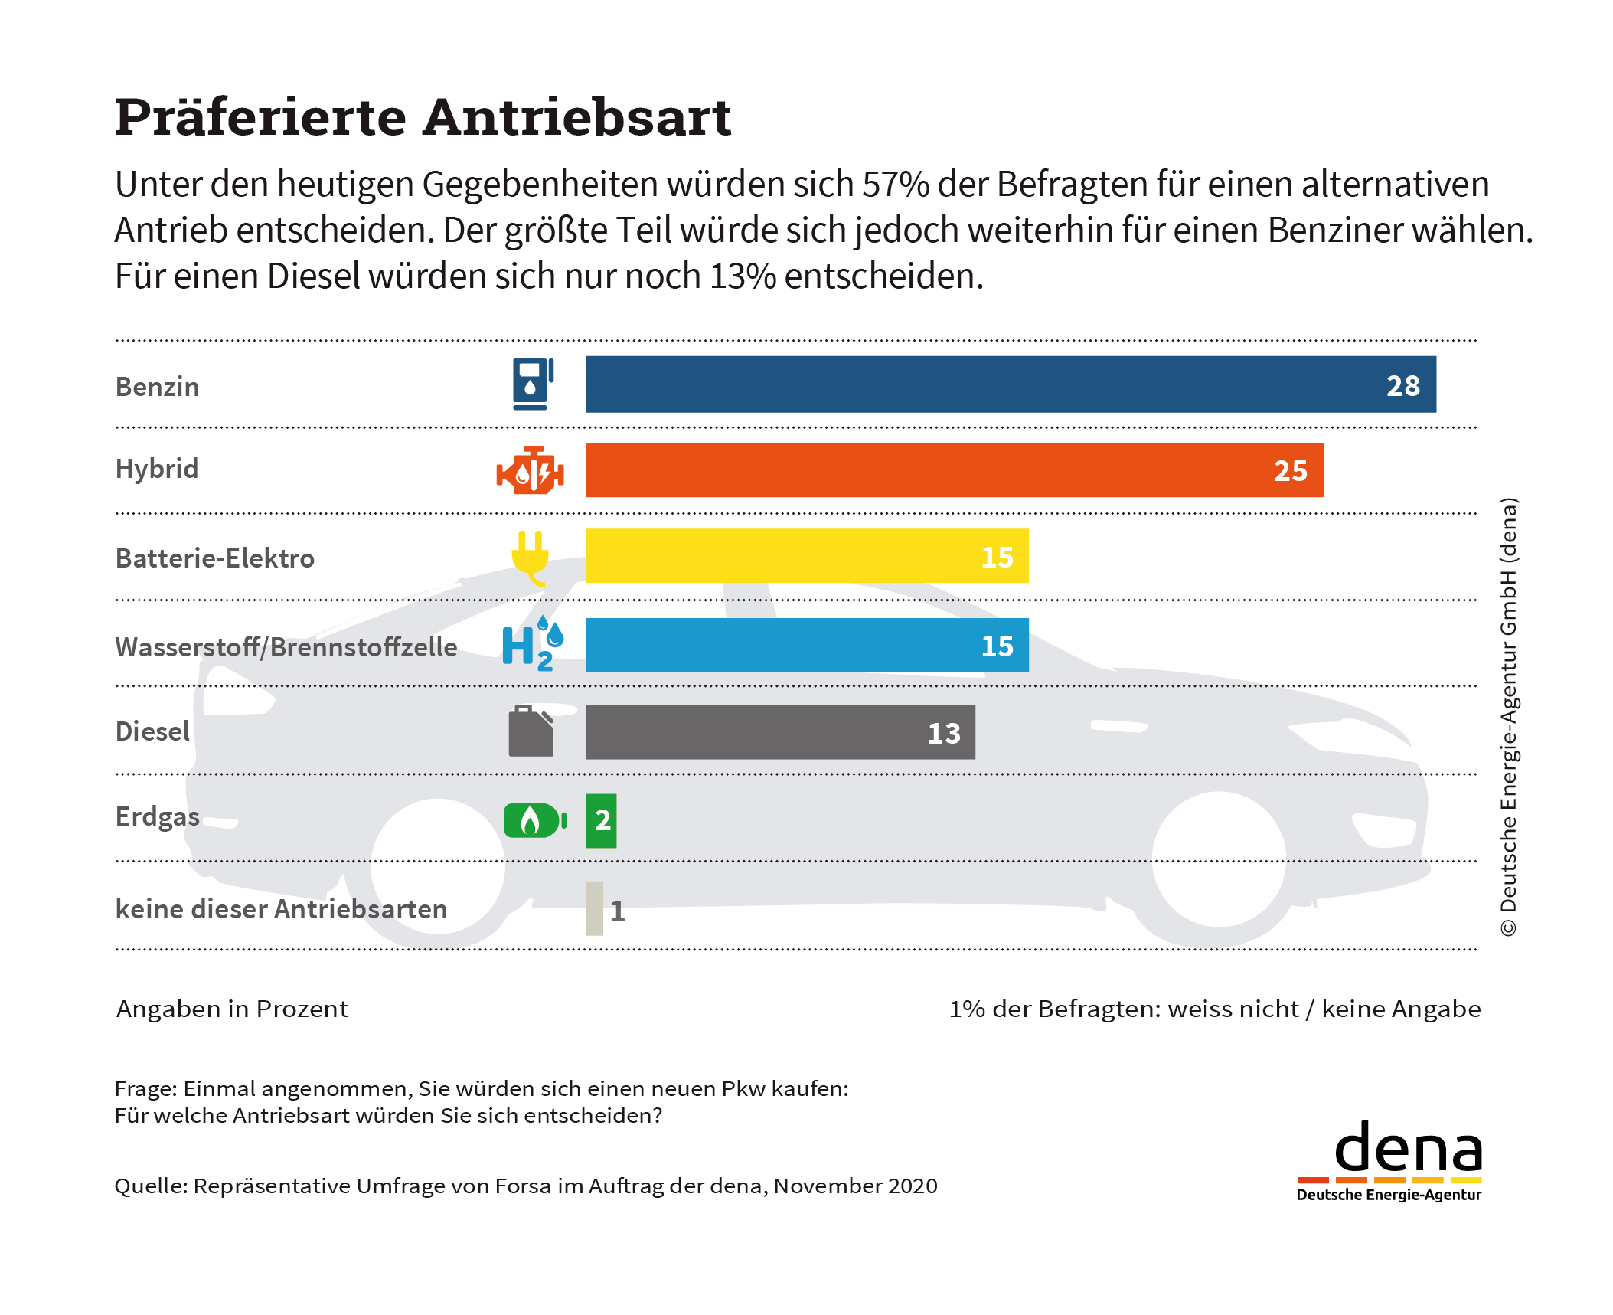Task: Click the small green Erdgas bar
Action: tap(601, 821)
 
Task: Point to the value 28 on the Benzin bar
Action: tap(1402, 386)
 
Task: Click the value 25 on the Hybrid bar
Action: tap(1290, 471)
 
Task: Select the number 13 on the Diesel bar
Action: tap(943, 734)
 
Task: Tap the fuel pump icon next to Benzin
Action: tap(533, 384)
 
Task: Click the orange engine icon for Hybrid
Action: tap(531, 470)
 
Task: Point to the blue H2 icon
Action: tap(532, 645)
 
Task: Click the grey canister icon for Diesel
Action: tap(531, 731)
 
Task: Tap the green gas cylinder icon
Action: tap(534, 820)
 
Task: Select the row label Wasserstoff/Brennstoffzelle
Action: tap(286, 647)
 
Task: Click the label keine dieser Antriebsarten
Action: tap(281, 909)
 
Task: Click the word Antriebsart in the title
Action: tap(577, 118)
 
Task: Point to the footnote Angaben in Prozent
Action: tap(232, 1009)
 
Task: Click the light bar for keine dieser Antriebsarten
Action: tap(594, 908)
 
